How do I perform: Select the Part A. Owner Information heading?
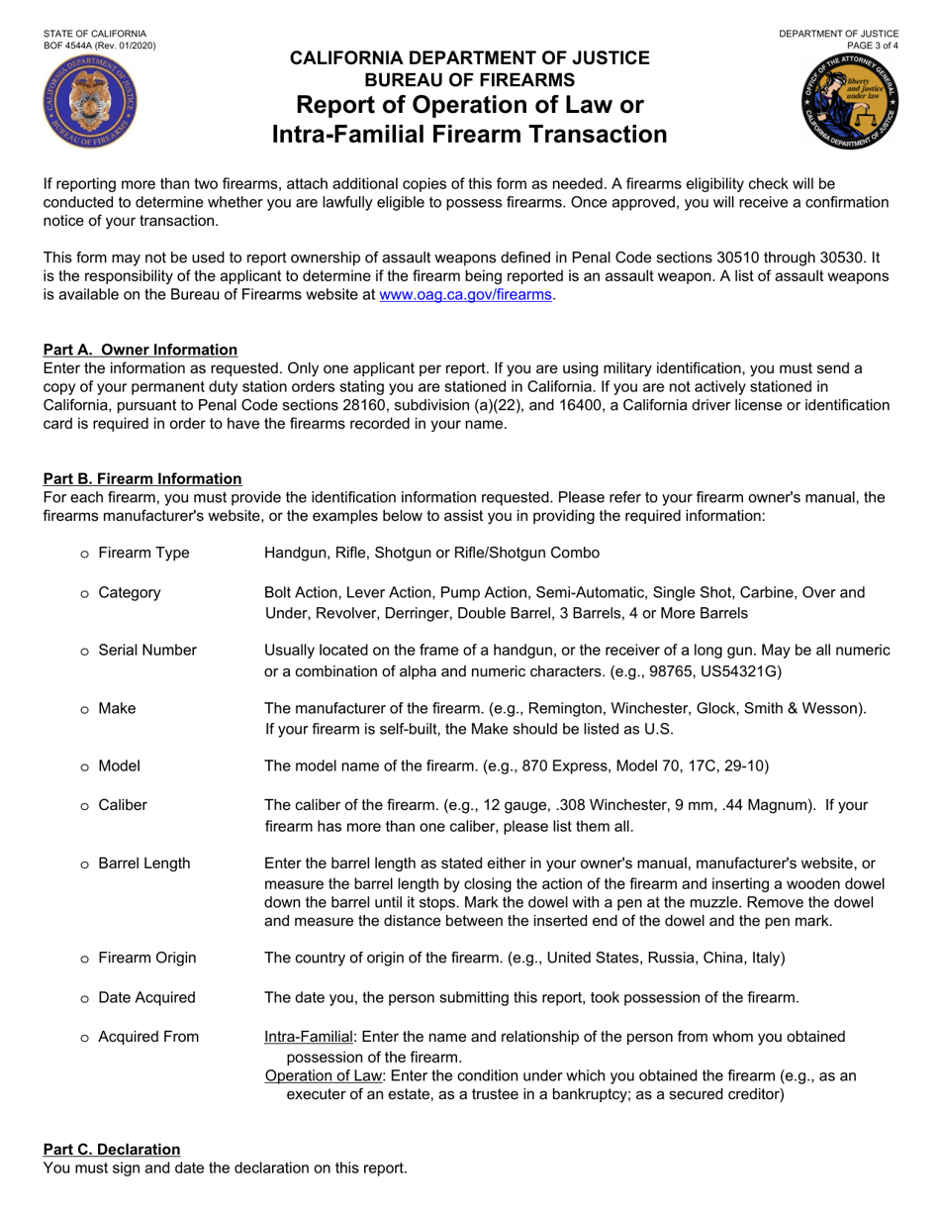(140, 350)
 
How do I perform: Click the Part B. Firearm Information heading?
(142, 478)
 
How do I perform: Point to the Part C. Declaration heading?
(112, 1149)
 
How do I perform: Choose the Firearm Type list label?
(143, 553)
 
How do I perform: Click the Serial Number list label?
(147, 651)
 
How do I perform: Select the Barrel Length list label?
(144, 863)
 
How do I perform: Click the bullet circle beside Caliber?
(85, 806)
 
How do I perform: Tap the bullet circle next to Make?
(85, 709)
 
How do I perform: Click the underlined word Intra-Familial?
(309, 1037)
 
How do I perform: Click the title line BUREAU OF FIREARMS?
(470, 80)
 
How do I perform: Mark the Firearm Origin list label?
(147, 958)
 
